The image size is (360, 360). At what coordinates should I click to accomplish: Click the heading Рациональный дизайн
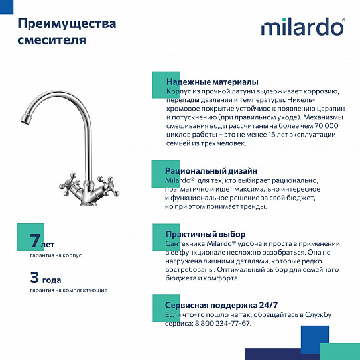(211, 171)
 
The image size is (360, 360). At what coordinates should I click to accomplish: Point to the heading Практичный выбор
(205, 234)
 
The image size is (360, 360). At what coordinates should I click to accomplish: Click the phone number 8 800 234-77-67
(222, 323)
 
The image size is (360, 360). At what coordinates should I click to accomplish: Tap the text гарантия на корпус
(56, 255)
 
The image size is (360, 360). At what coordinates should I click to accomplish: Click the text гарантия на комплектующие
(68, 290)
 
